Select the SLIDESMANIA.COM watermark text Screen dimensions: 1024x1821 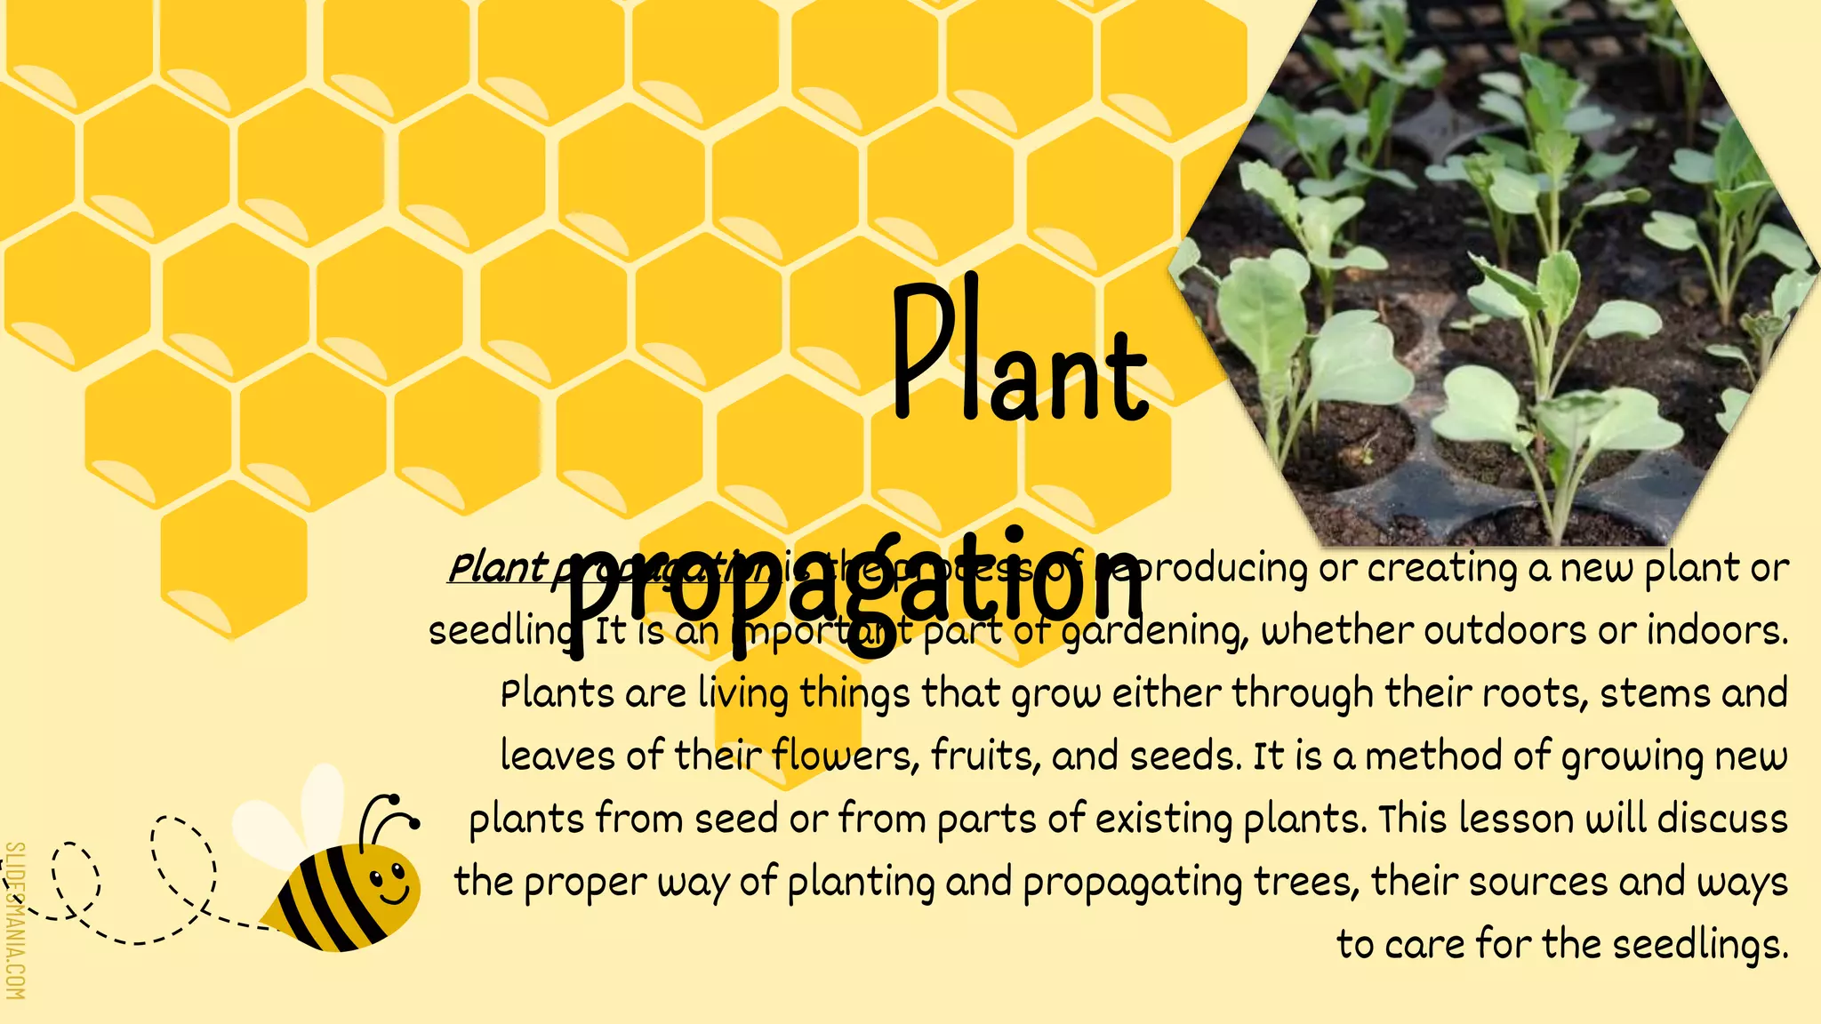click(x=15, y=920)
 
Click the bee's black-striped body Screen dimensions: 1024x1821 click(x=329, y=902)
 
